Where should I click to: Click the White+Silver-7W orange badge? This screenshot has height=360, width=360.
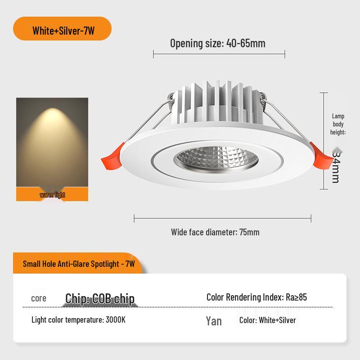[x=63, y=31]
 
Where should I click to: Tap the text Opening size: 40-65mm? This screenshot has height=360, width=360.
[x=218, y=43]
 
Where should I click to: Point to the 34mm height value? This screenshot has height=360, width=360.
[x=336, y=166]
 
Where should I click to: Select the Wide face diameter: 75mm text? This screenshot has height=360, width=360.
[x=215, y=232]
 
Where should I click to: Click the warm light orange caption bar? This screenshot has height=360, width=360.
[x=52, y=195]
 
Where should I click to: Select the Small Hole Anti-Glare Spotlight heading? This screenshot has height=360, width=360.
[x=79, y=264]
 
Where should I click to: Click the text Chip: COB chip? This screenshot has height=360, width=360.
[x=100, y=298]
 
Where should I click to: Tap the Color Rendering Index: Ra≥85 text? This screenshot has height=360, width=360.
[x=256, y=297]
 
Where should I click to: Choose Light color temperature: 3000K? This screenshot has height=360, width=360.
[x=78, y=320]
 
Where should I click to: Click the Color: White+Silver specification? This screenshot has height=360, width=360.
[x=267, y=320]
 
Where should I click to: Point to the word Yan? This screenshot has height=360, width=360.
[x=214, y=321]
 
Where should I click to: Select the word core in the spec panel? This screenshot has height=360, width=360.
[x=39, y=298]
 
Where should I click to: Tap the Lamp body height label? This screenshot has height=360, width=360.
[x=338, y=124]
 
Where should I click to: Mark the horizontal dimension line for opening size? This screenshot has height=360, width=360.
[x=219, y=54]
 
